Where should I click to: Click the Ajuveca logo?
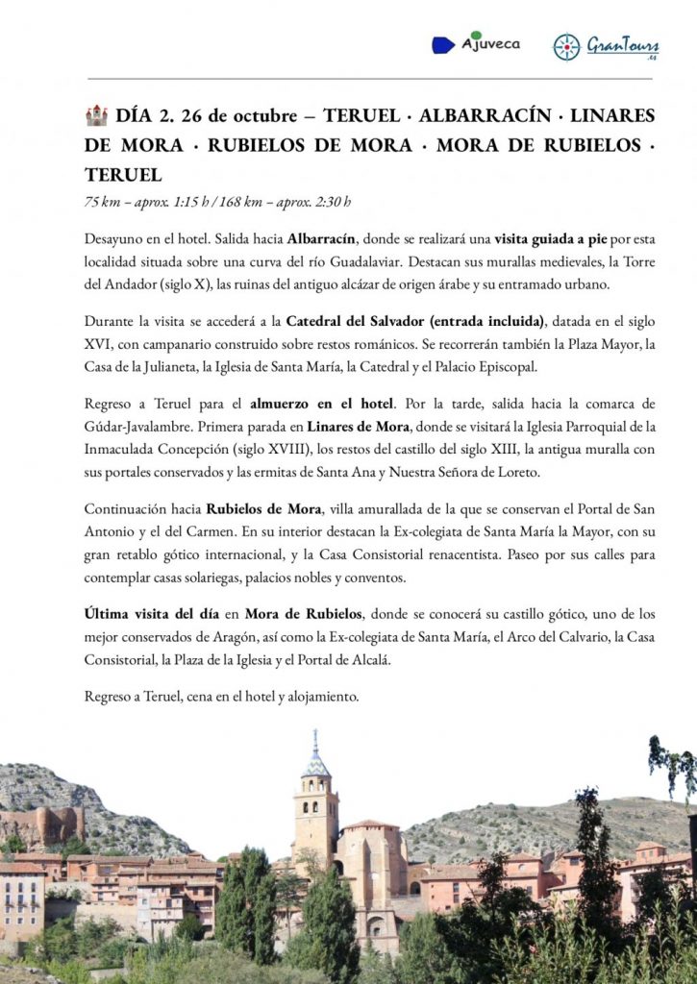(476, 43)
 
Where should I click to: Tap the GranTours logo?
(606, 46)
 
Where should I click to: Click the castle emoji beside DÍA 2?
(96, 116)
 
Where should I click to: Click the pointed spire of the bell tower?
(314, 745)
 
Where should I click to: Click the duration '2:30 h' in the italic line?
(331, 202)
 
